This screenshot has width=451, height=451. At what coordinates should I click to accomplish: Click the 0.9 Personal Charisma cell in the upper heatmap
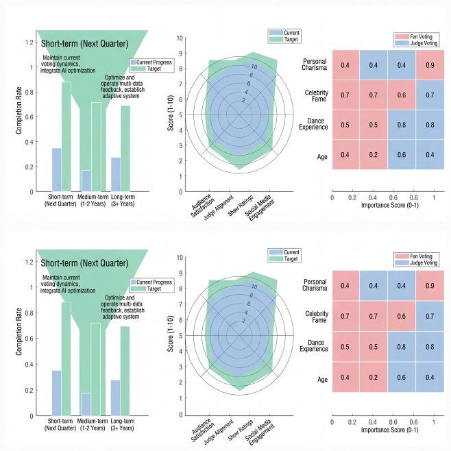coord(428,65)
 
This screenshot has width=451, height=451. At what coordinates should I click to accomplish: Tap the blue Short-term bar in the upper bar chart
coord(56,169)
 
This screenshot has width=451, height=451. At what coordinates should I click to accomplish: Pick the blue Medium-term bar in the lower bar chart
coord(86,404)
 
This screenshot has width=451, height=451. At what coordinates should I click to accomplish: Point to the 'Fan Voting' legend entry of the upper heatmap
coord(413,35)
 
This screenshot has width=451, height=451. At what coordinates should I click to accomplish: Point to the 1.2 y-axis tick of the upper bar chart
coord(29,42)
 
